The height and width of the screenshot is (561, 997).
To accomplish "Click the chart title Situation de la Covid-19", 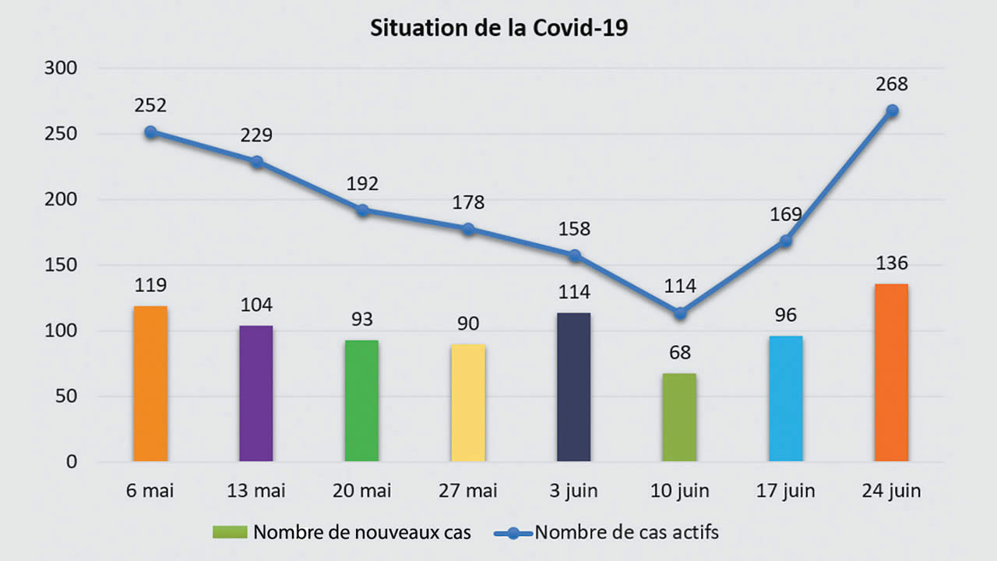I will pos(498,29).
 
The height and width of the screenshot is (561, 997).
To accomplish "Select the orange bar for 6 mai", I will pos(150,383).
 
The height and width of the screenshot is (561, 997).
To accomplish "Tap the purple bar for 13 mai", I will pos(256,393).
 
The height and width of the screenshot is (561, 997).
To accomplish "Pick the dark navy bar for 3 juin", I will pos(574,387).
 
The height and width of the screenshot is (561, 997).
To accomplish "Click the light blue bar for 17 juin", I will pos(786,399).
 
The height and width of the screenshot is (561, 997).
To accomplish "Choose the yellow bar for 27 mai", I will pos(468,403).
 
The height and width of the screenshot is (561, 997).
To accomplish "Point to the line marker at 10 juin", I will pos(680,313).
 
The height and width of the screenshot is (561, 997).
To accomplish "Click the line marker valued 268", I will pos(892,111).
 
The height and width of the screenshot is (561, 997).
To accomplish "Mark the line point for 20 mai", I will pos(362,210).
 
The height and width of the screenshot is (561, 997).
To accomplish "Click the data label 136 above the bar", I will pos(892,263).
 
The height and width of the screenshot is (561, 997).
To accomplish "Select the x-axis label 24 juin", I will pos(892,491).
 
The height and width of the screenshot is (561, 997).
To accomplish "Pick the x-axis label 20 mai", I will pos(362,491).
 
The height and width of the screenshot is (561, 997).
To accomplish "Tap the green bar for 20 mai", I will pos(362,400).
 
